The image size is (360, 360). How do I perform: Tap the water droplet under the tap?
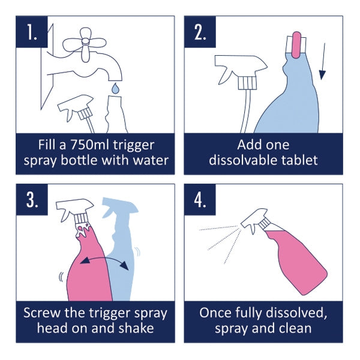point(115,89)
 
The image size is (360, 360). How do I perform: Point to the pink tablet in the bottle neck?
point(296,45)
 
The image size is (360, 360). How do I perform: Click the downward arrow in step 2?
point(322,66)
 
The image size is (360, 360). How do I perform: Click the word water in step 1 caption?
point(147,160)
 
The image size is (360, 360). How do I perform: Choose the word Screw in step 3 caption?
point(43,313)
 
